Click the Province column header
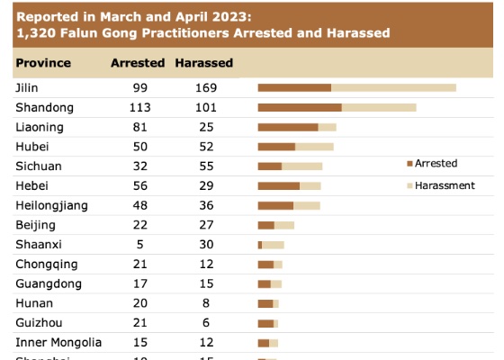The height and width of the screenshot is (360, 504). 43,63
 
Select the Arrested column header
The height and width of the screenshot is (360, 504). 137,63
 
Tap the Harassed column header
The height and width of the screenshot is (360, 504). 203,63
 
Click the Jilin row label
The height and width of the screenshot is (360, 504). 27,87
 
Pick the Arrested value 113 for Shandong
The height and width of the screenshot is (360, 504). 137,107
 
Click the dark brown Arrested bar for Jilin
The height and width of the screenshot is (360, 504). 294,87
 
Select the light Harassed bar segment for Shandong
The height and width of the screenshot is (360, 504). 379,107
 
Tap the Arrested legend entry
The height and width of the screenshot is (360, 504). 436,163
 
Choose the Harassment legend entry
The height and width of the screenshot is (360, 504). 444,184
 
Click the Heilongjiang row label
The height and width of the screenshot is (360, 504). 51,205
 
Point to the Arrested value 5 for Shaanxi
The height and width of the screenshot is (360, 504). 137,245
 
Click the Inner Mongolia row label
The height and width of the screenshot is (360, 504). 58,342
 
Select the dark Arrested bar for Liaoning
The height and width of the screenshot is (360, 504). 288,127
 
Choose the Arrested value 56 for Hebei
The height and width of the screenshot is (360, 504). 137,185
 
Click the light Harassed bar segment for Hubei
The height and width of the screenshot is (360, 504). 314,147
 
